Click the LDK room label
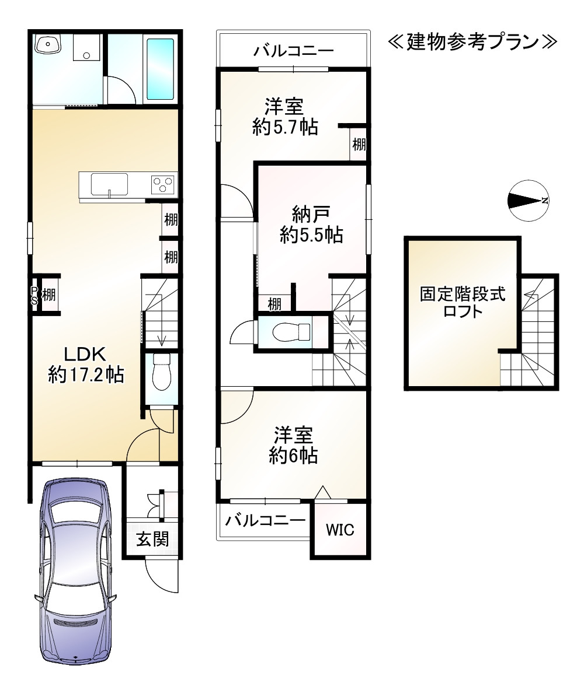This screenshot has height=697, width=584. click(86, 365)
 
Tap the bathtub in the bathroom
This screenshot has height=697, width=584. click(160, 69)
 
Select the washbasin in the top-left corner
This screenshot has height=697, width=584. click(48, 44)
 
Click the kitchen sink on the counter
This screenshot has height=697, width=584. click(110, 184)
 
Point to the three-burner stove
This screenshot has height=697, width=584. click(163, 184)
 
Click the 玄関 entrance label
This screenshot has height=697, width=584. click(152, 539)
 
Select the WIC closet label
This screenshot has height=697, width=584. click(340, 530)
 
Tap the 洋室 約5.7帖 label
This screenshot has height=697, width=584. click(285, 117)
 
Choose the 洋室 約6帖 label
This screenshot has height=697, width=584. click(293, 446)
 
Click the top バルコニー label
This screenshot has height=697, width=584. click(293, 51)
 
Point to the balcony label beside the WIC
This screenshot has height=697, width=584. click(265, 520)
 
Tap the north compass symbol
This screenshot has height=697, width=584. click(528, 201)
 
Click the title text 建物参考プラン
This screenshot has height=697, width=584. click(472, 42)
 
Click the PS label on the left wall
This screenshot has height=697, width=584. click(34, 295)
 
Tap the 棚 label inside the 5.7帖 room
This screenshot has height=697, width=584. click(359, 144)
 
